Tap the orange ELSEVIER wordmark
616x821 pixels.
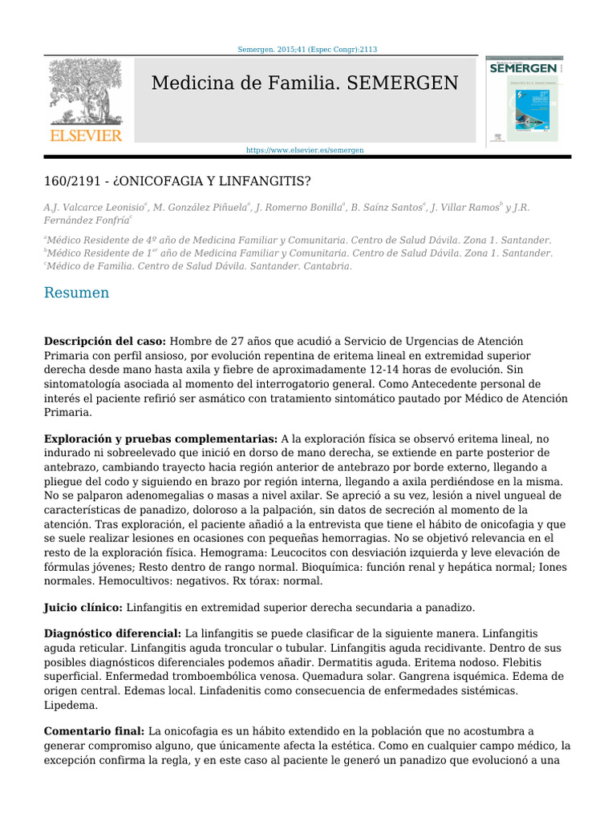[x=86, y=135]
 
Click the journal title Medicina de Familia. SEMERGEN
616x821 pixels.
[x=305, y=83]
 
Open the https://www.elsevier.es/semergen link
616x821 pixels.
[x=305, y=150]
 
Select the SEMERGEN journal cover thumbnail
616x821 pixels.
[x=525, y=100]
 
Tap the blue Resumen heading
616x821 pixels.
[x=76, y=293]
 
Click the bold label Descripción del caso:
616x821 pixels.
[x=105, y=341]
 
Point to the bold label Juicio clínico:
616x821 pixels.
[x=83, y=609]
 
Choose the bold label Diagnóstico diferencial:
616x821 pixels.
[x=113, y=634]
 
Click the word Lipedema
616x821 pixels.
[x=71, y=706]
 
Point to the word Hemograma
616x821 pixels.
[x=234, y=553]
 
